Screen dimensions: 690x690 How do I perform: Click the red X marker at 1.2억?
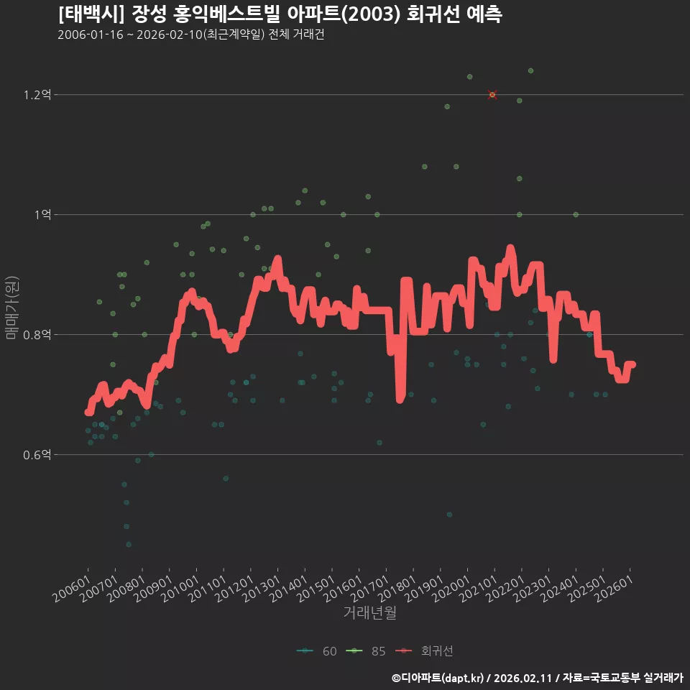[492, 95]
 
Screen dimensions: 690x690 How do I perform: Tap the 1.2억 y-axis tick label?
[37, 95]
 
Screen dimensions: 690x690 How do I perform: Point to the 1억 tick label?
[42, 215]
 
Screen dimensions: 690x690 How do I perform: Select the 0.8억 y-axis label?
[37, 335]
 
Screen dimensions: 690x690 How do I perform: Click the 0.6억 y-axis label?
[37, 454]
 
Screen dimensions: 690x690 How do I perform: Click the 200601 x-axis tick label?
[72, 589]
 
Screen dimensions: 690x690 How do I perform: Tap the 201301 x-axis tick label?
[262, 589]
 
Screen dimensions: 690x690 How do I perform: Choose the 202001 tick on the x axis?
[451, 589]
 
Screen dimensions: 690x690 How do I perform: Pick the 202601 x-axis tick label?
[615, 589]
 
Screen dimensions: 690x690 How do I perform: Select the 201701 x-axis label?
[370, 589]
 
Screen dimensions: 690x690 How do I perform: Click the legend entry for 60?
[317, 651]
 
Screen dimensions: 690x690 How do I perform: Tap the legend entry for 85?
[366, 651]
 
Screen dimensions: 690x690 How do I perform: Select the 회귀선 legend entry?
[424, 651]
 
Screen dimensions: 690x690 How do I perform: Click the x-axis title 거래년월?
[369, 612]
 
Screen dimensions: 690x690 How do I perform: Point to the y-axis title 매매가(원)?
[12, 308]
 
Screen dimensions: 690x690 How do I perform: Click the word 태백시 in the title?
[91, 14]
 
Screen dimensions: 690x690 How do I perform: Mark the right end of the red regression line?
[633, 364]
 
